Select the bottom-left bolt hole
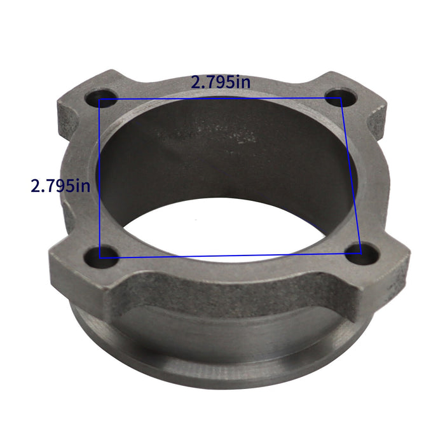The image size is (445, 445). click(108, 254)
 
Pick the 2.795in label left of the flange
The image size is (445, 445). click(60, 186)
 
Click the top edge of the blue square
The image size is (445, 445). click(222, 99)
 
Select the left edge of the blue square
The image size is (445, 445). click(100, 178)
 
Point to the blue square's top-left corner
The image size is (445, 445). click(100, 100)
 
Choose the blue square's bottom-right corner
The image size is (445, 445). click(360, 255)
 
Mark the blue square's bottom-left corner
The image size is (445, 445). click(100, 257)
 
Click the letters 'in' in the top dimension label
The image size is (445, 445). click(242, 82)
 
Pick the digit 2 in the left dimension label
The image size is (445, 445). click(36, 186)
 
